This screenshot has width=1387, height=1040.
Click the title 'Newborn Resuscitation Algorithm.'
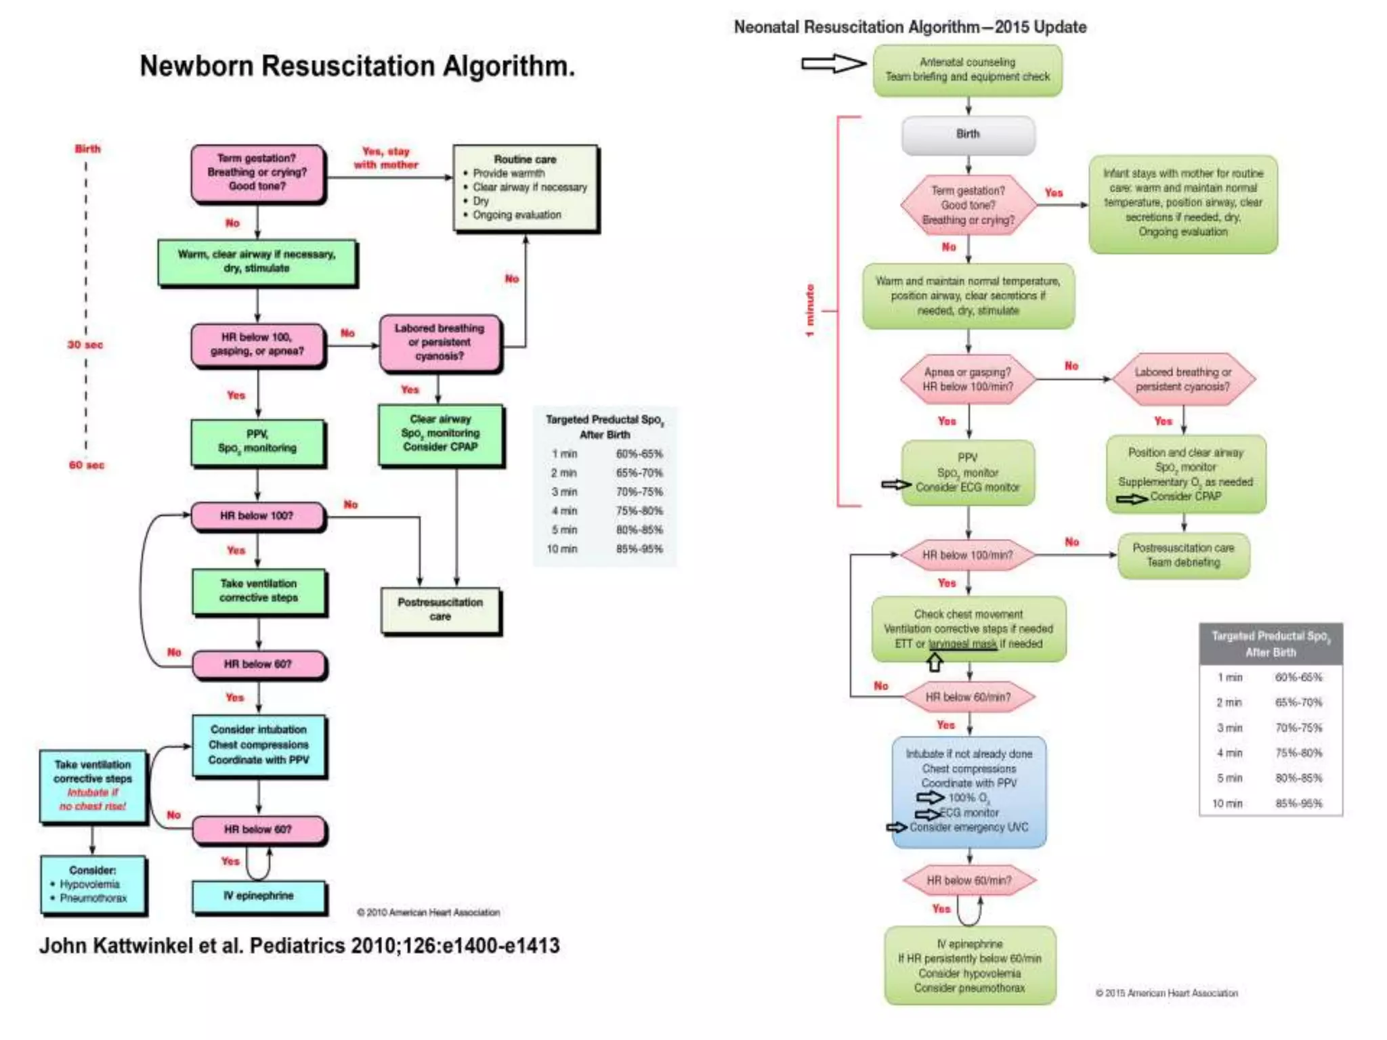pos(357,66)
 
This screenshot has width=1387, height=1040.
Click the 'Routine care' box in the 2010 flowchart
pos(526,188)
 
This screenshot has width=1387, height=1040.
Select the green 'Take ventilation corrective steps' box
pos(259,591)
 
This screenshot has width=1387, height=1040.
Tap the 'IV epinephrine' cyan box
pos(259,896)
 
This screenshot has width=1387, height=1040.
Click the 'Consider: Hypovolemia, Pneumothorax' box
pos(93,884)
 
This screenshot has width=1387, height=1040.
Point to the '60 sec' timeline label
pos(87,465)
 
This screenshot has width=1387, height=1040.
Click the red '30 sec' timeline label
pos(85,345)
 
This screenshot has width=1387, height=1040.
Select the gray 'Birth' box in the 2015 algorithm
pos(968,135)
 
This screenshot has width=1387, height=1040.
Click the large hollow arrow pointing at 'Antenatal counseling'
pos(833,64)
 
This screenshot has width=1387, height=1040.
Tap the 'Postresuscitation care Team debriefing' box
pos(1183,555)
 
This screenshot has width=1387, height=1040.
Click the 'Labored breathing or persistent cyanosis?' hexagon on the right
pos(1183,379)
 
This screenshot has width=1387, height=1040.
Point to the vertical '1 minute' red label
pos(809,311)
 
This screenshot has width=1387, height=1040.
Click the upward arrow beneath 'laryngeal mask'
pos(935,662)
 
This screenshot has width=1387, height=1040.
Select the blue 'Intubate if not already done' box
pos(969,791)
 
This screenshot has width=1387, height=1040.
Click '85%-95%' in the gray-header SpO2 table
pos(1298,804)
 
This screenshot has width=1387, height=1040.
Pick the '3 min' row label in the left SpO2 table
pos(563,492)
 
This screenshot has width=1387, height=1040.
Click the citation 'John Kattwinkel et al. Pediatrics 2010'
pos(299,946)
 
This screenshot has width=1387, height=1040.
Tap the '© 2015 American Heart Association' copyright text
pos(1166,993)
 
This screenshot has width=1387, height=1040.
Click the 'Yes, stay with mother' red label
pos(385,158)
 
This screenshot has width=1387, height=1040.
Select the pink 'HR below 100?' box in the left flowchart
pos(257,516)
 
